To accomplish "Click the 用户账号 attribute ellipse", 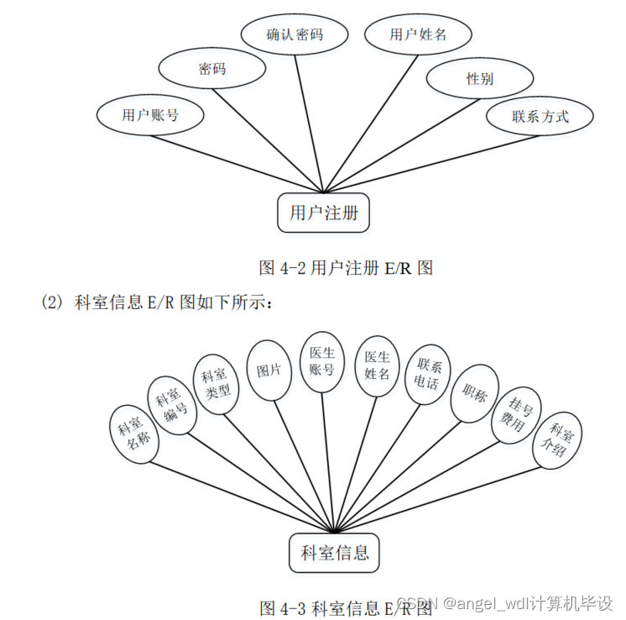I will (150, 115).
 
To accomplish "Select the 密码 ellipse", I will (212, 69).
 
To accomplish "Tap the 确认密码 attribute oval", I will (295, 34).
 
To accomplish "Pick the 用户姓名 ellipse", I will (418, 34).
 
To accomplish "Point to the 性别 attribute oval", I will (480, 79).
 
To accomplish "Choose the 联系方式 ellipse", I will (540, 116).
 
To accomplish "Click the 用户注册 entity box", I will (324, 213).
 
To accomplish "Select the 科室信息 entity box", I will (335, 553).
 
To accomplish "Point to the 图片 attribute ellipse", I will (269, 370).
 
